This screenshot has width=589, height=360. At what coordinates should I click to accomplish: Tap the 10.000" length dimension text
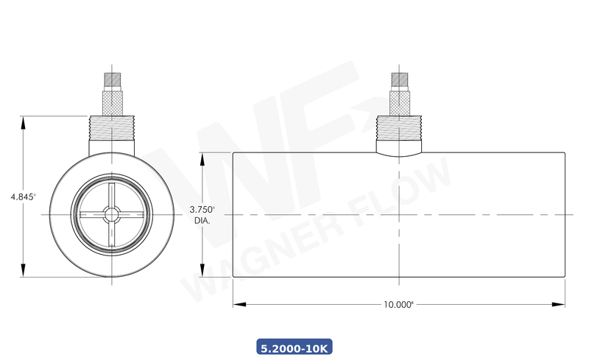tap(398, 304)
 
